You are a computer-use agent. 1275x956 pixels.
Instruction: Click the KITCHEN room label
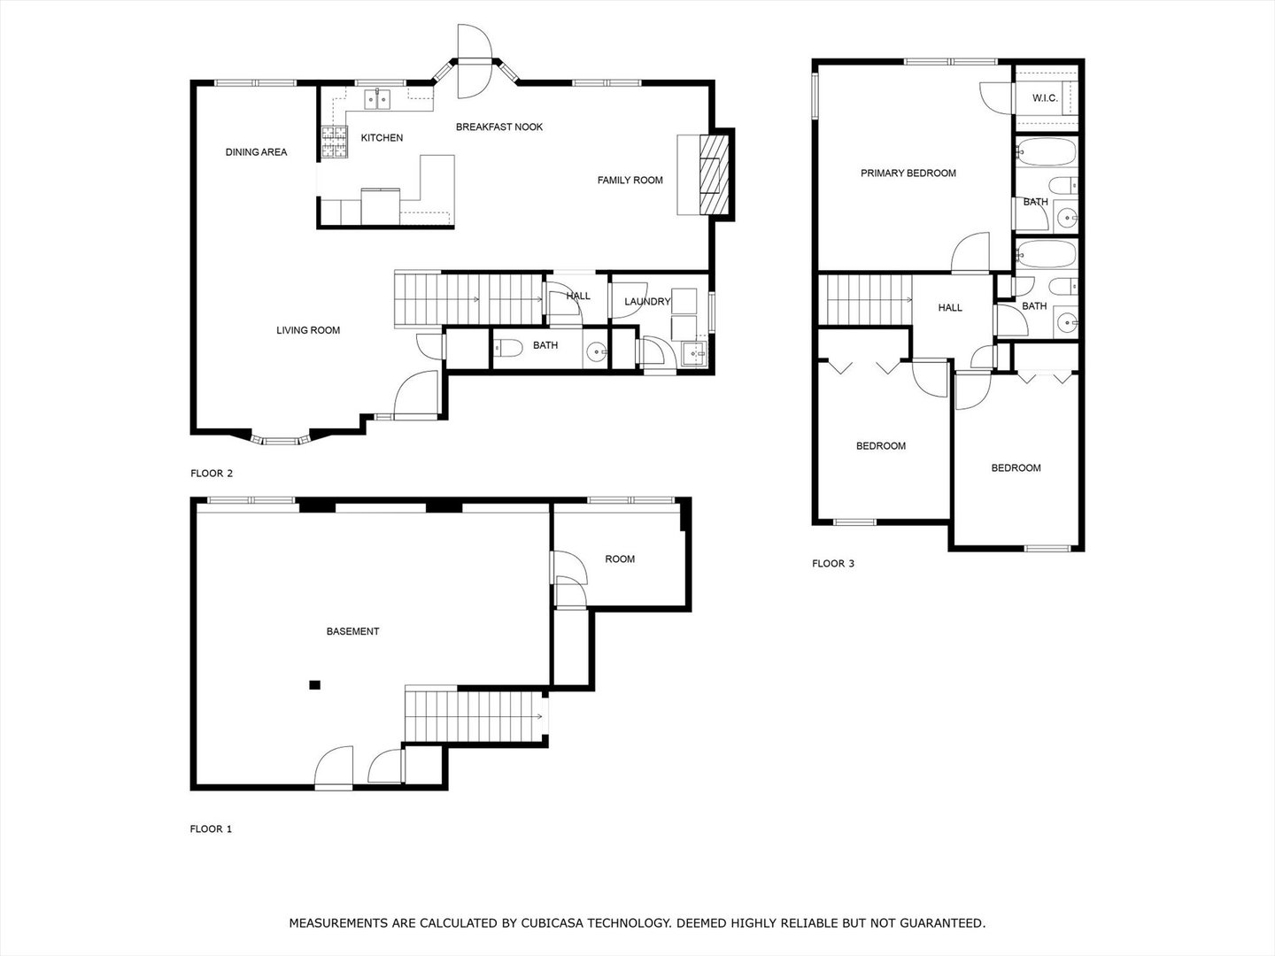pyautogui.click(x=382, y=138)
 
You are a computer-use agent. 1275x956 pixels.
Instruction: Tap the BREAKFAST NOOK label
pyautogui.click(x=499, y=127)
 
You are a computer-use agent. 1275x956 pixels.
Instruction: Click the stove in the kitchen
pyautogui.click(x=334, y=143)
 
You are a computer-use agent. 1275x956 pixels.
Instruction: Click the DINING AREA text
pyautogui.click(x=256, y=152)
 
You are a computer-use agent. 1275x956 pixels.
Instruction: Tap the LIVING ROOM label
pyautogui.click(x=308, y=331)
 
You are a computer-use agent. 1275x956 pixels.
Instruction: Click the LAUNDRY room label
pyautogui.click(x=647, y=302)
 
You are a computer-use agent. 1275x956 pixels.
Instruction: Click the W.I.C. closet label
pyautogui.click(x=1045, y=98)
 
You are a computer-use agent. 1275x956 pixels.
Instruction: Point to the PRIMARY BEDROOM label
pyautogui.click(x=908, y=173)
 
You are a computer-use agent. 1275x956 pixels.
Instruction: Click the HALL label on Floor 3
pyautogui.click(x=950, y=308)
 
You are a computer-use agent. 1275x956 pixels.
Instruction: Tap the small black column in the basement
pyautogui.click(x=314, y=684)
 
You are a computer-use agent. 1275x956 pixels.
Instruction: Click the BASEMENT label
pyautogui.click(x=352, y=632)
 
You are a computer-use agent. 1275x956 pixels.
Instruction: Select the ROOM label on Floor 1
pyautogui.click(x=620, y=559)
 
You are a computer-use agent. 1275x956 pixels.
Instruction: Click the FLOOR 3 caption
pyautogui.click(x=833, y=564)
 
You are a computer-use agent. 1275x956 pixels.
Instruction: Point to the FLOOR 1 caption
pyautogui.click(x=211, y=829)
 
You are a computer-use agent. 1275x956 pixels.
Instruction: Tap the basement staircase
pyautogui.click(x=475, y=714)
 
